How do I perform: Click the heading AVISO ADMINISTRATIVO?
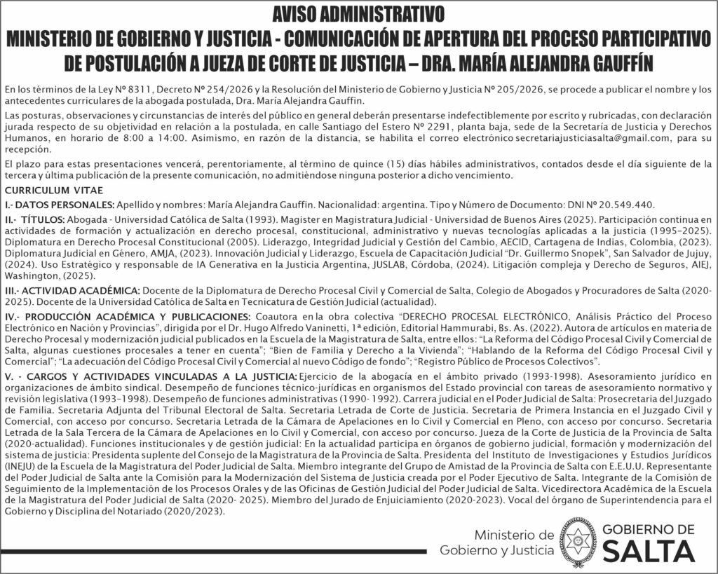pyautogui.click(x=358, y=13)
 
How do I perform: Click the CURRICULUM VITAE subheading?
pyautogui.click(x=54, y=191)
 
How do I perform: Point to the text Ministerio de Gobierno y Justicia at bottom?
pyautogui.click(x=497, y=542)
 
